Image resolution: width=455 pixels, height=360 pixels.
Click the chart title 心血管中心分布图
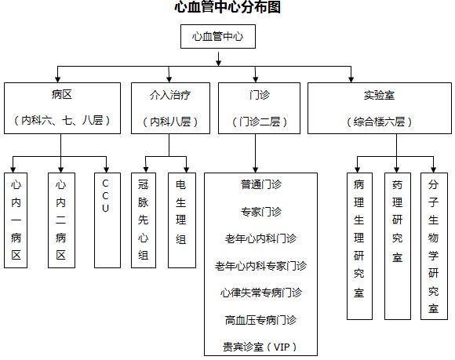click(x=227, y=7)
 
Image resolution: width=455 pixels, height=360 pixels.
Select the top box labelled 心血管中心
click(x=218, y=36)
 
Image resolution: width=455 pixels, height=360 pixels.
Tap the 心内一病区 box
click(x=16, y=220)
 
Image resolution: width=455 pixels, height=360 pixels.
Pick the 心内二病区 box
click(x=61, y=220)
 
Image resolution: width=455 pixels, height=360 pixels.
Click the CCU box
click(x=107, y=220)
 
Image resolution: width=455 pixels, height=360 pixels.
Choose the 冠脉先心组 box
click(x=144, y=220)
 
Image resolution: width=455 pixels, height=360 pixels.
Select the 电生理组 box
click(x=182, y=220)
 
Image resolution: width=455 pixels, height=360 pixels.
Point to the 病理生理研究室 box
click(x=359, y=246)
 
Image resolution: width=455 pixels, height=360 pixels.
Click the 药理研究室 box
click(x=398, y=246)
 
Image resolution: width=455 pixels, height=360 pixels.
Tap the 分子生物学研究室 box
click(x=434, y=246)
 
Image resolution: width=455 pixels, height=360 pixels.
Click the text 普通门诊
click(x=261, y=184)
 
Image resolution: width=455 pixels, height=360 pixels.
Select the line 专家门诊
click(x=261, y=212)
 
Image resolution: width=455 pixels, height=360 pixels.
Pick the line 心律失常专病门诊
click(x=261, y=293)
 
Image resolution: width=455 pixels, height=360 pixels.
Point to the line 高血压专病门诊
click(x=261, y=320)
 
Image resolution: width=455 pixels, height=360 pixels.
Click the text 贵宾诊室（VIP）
click(x=260, y=347)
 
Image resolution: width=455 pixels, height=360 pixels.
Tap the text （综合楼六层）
click(x=379, y=122)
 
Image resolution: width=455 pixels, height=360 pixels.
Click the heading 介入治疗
click(x=170, y=95)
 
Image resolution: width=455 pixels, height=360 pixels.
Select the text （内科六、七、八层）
click(x=62, y=120)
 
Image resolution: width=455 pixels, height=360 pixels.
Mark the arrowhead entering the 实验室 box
click(x=351, y=79)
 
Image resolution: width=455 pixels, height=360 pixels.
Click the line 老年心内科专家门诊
click(x=261, y=266)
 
